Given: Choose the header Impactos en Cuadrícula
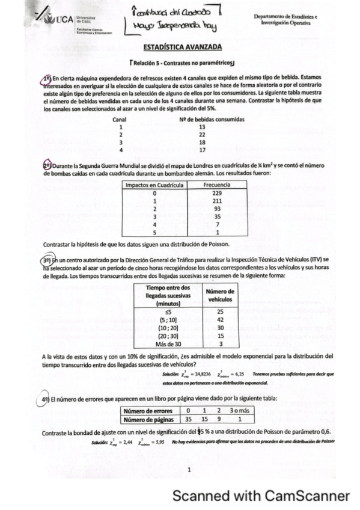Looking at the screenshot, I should (x=153, y=185).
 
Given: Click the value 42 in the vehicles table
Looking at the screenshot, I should (x=221, y=320).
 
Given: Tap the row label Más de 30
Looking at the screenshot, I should (x=168, y=344).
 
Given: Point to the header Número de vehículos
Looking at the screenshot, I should (x=221, y=296).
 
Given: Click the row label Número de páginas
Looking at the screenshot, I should (x=149, y=419).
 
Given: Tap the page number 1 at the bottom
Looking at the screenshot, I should (x=188, y=470).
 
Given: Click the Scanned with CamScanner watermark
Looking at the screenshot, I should (x=261, y=497).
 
